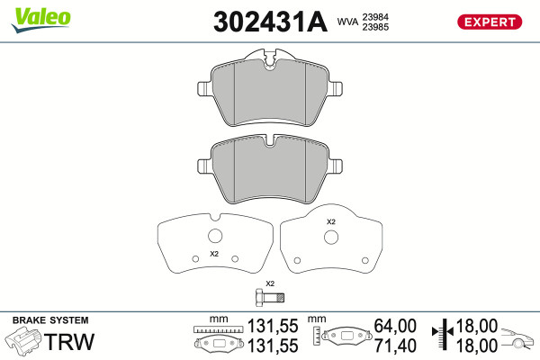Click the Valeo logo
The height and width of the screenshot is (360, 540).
pyautogui.click(x=40, y=20)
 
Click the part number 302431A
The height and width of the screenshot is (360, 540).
pyautogui.click(x=270, y=22)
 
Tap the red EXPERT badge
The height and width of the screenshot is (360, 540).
pyautogui.click(x=490, y=22)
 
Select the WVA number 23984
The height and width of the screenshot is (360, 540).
pyautogui.click(x=375, y=17)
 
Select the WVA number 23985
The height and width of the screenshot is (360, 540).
pyautogui.click(x=375, y=27)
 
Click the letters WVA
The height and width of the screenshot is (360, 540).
pyautogui.click(x=347, y=22)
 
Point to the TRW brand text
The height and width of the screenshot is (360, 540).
pyautogui.click(x=69, y=341)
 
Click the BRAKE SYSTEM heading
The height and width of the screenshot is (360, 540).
pyautogui.click(x=50, y=320)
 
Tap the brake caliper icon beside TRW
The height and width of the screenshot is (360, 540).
pyautogui.click(x=22, y=341)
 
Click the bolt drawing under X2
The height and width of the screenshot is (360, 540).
pyautogui.click(x=270, y=298)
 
